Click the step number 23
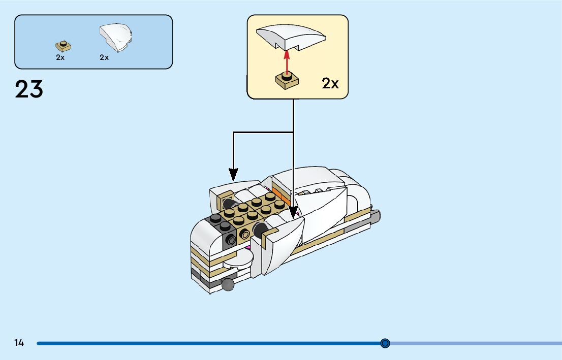pyautogui.click(x=29, y=89)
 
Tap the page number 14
pyautogui.click(x=19, y=343)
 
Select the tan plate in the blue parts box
pyautogui.click(x=63, y=46)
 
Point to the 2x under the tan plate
pyautogui.click(x=60, y=57)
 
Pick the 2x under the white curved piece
pyautogui.click(x=104, y=57)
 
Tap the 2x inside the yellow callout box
pyautogui.click(x=330, y=83)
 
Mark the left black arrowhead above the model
pyautogui.click(x=233, y=175)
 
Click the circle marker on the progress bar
pyautogui.click(x=385, y=343)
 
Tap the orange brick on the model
pyautogui.click(x=278, y=194)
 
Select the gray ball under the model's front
pyautogui.click(x=228, y=284)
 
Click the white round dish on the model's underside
pyautogui.click(x=238, y=259)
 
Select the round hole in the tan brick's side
pyautogui.click(x=245, y=234)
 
